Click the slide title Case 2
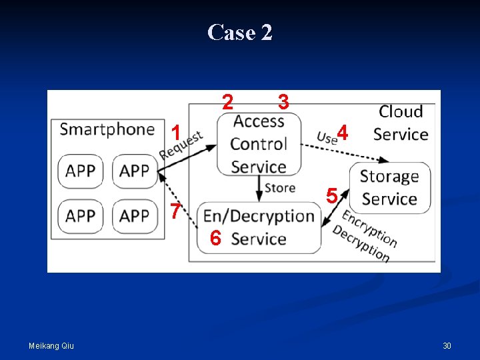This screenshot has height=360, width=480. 240,32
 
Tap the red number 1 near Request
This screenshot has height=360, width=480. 176,133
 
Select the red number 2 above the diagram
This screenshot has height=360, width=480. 227,101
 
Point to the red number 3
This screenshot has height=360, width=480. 283,101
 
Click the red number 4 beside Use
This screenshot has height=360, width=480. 343,133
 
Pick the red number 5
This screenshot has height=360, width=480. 332,195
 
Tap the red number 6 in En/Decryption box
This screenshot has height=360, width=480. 215,238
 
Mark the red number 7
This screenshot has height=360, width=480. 175,211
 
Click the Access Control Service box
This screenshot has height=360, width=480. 259,144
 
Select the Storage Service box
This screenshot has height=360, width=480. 390,187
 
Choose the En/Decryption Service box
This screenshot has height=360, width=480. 259,227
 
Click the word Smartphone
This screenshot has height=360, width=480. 107,129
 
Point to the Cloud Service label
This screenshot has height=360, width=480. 401,123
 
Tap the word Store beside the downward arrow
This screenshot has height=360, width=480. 280,188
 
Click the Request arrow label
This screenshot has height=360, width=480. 181,145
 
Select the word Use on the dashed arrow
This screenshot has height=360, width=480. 327,138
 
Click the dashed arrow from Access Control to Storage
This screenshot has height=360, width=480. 345,152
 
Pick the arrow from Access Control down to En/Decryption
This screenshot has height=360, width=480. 259,189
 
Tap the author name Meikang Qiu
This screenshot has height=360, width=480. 51,346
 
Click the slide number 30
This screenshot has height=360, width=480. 447,346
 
